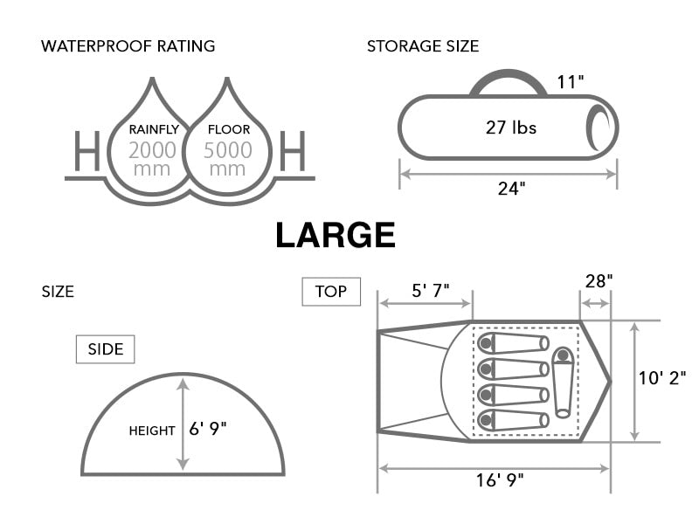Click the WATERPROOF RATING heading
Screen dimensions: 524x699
128,45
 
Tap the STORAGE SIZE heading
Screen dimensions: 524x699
423,45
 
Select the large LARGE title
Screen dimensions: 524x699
336,235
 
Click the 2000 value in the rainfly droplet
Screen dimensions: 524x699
152,149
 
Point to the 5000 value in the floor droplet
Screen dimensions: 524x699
228,149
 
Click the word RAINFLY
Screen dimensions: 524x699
153,129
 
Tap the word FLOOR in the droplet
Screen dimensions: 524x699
228,129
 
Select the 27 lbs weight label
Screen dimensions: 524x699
511,128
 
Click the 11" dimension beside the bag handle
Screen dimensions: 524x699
571,82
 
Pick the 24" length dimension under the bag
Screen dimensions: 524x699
511,188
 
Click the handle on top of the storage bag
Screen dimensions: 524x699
509,82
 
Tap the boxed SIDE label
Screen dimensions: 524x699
105,350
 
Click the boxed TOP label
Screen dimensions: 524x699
330,292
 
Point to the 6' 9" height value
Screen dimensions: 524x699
213,429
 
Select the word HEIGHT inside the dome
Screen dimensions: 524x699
152,430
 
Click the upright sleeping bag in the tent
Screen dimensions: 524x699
562,381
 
